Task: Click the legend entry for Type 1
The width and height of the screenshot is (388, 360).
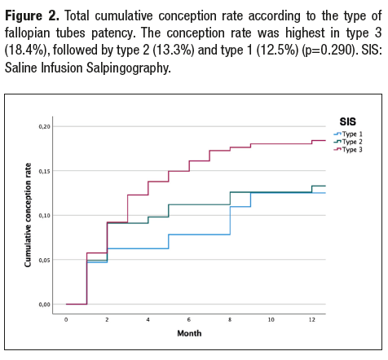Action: click(351, 133)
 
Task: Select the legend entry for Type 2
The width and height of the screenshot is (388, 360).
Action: click(351, 141)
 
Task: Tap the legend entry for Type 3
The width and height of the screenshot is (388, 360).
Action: click(351, 149)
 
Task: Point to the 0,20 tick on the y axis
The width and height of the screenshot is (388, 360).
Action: click(45, 126)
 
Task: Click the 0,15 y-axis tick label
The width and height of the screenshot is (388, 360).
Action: click(45, 171)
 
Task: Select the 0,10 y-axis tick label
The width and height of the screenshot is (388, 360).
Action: click(45, 215)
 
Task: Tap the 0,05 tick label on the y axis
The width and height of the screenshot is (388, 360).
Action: click(45, 260)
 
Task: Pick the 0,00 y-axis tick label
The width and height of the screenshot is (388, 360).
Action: click(45, 305)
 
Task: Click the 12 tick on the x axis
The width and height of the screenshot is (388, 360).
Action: click(312, 319)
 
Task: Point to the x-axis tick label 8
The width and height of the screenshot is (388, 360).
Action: click(230, 319)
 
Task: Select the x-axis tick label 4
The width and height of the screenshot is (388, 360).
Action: click(148, 319)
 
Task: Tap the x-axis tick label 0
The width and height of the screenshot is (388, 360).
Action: click(66, 319)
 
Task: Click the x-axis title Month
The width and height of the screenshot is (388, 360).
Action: click(190, 333)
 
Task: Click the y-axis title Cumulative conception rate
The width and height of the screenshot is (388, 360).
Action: click(29, 216)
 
